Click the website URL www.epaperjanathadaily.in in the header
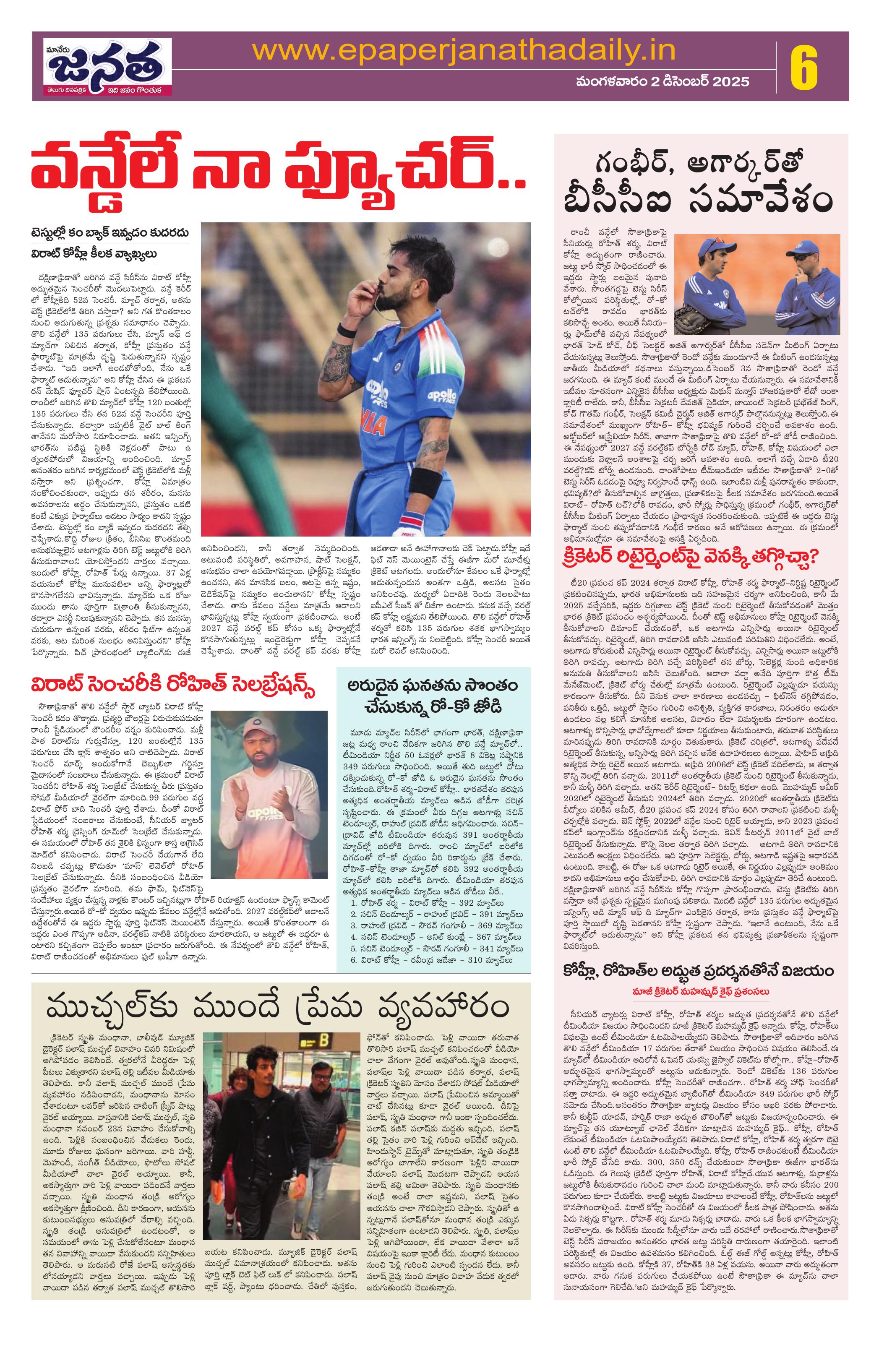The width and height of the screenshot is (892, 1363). coord(464,53)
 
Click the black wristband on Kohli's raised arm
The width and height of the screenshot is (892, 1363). coord(346,331)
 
